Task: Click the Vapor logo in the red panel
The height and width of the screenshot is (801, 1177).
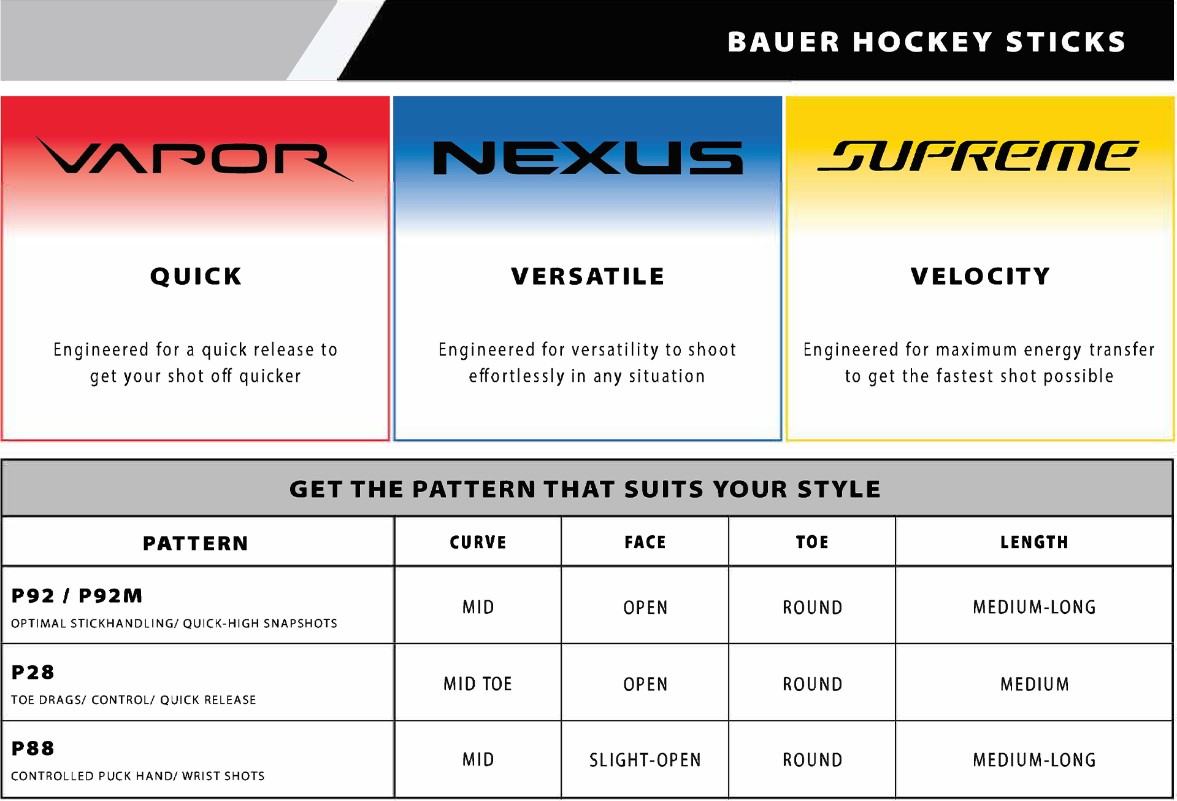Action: click(x=194, y=158)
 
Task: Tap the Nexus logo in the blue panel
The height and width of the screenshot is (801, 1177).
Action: click(x=588, y=158)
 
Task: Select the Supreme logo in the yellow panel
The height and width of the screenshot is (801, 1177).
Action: click(x=978, y=156)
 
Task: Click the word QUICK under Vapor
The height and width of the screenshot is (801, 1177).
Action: click(x=196, y=277)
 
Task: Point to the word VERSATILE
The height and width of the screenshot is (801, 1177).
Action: click(x=588, y=277)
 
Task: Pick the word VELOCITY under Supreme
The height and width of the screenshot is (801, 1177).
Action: click(x=980, y=277)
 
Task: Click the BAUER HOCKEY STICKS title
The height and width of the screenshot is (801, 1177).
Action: click(x=927, y=42)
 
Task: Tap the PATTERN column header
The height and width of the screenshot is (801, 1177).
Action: click(x=196, y=543)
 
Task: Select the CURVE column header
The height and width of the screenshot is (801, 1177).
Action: click(x=478, y=543)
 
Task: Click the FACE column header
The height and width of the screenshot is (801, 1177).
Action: click(x=645, y=543)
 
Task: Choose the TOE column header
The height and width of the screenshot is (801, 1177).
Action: click(x=812, y=543)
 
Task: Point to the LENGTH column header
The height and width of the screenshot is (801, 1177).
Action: click(x=1035, y=543)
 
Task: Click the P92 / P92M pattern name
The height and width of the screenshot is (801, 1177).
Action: click(x=77, y=595)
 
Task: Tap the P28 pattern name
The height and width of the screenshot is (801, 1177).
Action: click(x=33, y=672)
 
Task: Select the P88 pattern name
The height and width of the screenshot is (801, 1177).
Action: click(x=33, y=748)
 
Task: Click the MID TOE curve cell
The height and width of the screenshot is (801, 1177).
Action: click(x=478, y=684)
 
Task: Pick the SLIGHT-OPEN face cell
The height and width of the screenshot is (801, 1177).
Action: click(x=645, y=760)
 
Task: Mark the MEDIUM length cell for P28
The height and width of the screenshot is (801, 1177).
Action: click(x=1035, y=684)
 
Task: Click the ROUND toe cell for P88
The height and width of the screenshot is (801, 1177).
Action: click(x=812, y=760)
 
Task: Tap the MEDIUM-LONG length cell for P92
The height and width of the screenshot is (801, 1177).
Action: click(x=1035, y=608)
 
